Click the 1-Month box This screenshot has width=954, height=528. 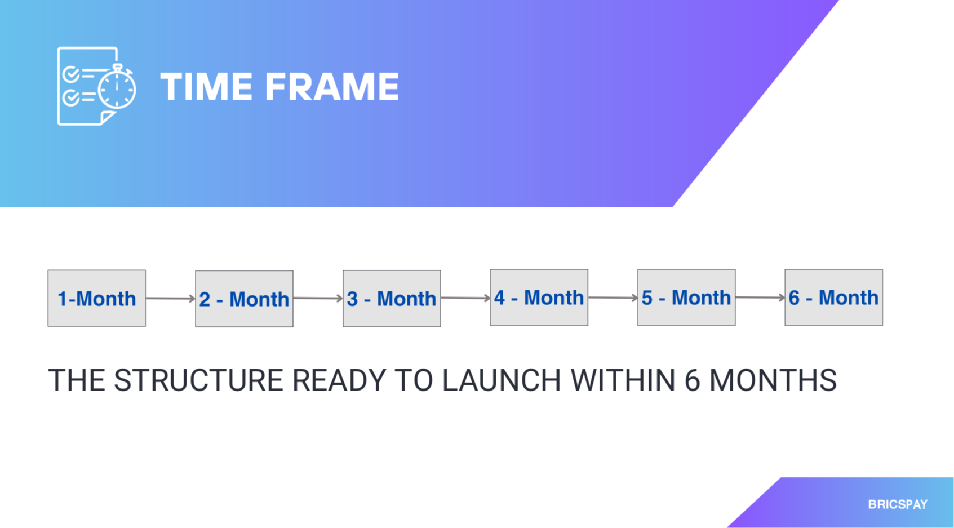97,298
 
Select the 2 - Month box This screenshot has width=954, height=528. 244,299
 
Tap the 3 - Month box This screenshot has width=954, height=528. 392,298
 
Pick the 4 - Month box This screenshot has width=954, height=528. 539,297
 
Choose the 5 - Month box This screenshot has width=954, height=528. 686,297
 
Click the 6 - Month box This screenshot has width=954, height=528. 834,297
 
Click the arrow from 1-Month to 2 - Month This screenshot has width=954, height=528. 170,299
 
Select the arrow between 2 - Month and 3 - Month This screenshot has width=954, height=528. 318,298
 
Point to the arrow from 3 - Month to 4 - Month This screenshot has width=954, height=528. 465,298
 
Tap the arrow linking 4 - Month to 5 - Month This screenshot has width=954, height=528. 613,297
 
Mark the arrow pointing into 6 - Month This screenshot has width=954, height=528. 760,297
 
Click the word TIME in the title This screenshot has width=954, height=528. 206,86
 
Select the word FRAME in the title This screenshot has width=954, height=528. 332,86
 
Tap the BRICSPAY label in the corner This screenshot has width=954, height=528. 898,504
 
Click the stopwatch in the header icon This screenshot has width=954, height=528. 117,87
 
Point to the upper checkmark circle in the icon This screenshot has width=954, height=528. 70,74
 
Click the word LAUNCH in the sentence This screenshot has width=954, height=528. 502,380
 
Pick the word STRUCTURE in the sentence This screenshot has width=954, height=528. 198,380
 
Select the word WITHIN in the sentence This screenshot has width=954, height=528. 623,380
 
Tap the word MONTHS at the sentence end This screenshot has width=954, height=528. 773,380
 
